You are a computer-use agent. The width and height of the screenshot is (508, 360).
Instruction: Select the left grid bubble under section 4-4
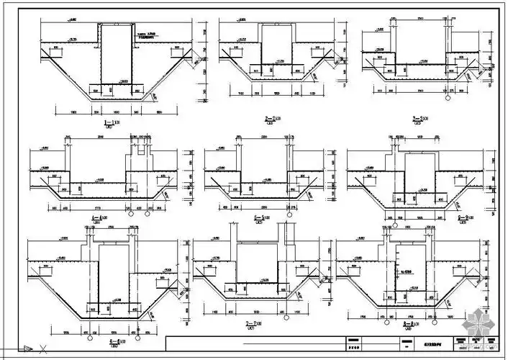[130, 214]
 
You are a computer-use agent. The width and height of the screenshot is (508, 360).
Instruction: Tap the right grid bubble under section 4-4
[148, 214]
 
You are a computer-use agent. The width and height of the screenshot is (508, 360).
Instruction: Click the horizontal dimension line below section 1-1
[115, 113]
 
